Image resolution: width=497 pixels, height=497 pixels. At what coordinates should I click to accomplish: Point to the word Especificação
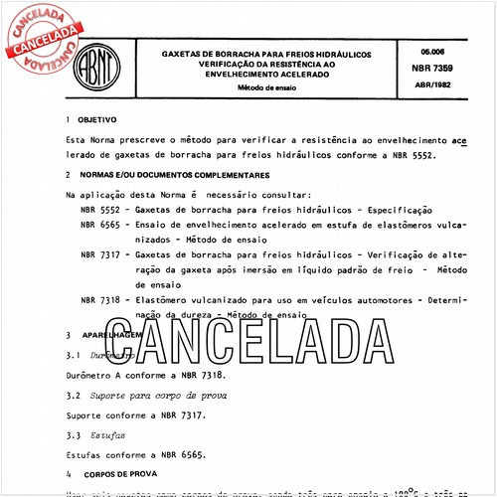click(x=398, y=212)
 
